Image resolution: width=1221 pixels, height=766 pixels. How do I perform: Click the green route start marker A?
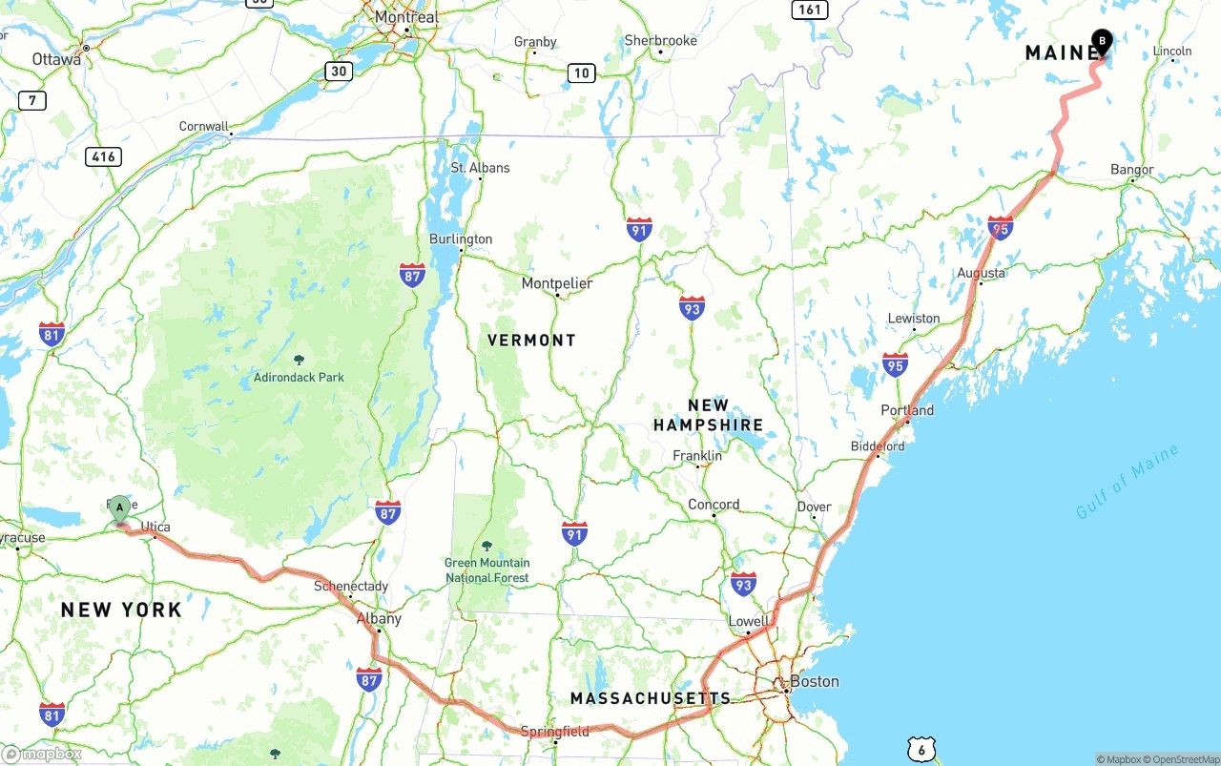pos(119,507)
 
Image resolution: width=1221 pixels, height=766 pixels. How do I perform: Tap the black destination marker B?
pos(1102,41)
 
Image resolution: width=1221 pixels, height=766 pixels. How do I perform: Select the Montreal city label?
pos(406,17)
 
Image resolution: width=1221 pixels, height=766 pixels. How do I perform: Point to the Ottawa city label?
pos(56,59)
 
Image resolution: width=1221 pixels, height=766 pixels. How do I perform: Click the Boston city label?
pos(814,681)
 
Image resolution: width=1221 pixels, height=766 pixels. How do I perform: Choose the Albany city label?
pos(379,618)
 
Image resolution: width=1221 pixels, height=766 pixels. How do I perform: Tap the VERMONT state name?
pos(531,340)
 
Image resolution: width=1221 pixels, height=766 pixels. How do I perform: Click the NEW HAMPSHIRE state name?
pos(708,415)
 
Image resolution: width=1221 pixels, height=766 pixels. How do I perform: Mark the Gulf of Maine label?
pos(1127,483)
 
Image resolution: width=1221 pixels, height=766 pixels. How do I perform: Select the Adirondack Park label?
pos(299,377)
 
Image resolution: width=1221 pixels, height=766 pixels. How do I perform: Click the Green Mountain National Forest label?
pos(486,569)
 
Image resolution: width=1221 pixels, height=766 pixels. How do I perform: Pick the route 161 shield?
pos(809,10)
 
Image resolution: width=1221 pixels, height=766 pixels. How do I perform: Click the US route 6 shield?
pos(921,750)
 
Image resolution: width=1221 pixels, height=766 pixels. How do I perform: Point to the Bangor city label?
pos(1132,170)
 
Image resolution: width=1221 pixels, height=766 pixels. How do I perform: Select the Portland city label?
pos(907,410)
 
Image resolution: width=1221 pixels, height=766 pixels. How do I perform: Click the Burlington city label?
pos(461,238)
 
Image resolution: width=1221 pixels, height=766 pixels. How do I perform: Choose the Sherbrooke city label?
pos(660,40)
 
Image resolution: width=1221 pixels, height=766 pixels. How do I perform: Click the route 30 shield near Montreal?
pos(338,71)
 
